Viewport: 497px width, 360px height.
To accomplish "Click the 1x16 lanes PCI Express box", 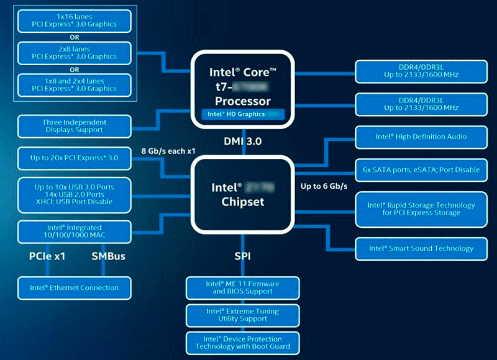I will [75, 20].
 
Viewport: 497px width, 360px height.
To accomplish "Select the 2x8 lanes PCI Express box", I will [75, 53].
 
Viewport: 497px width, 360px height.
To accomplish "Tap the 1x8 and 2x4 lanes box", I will [75, 84].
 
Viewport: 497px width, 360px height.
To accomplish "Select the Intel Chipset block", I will [243, 194].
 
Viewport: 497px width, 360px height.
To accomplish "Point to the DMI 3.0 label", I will [243, 142].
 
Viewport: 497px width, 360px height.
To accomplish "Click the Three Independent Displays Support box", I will [75, 126].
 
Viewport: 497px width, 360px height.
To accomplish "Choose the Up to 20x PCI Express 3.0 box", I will [75, 158].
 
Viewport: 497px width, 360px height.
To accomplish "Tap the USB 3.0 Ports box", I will [75, 194].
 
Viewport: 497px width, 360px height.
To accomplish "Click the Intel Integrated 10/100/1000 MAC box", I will [75, 232].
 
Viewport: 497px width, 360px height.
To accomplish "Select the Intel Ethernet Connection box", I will [75, 288].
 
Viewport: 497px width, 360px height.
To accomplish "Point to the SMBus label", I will [109, 256].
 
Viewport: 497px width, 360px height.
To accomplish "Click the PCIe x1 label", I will [47, 256].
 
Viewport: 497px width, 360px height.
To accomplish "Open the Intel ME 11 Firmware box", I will [243, 287].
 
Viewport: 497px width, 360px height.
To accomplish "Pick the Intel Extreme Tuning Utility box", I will [243, 315].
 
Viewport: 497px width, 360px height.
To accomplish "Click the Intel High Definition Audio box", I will [421, 137].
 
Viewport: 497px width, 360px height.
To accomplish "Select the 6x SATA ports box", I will [421, 169].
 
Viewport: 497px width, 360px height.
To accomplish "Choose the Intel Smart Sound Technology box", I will [421, 248].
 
